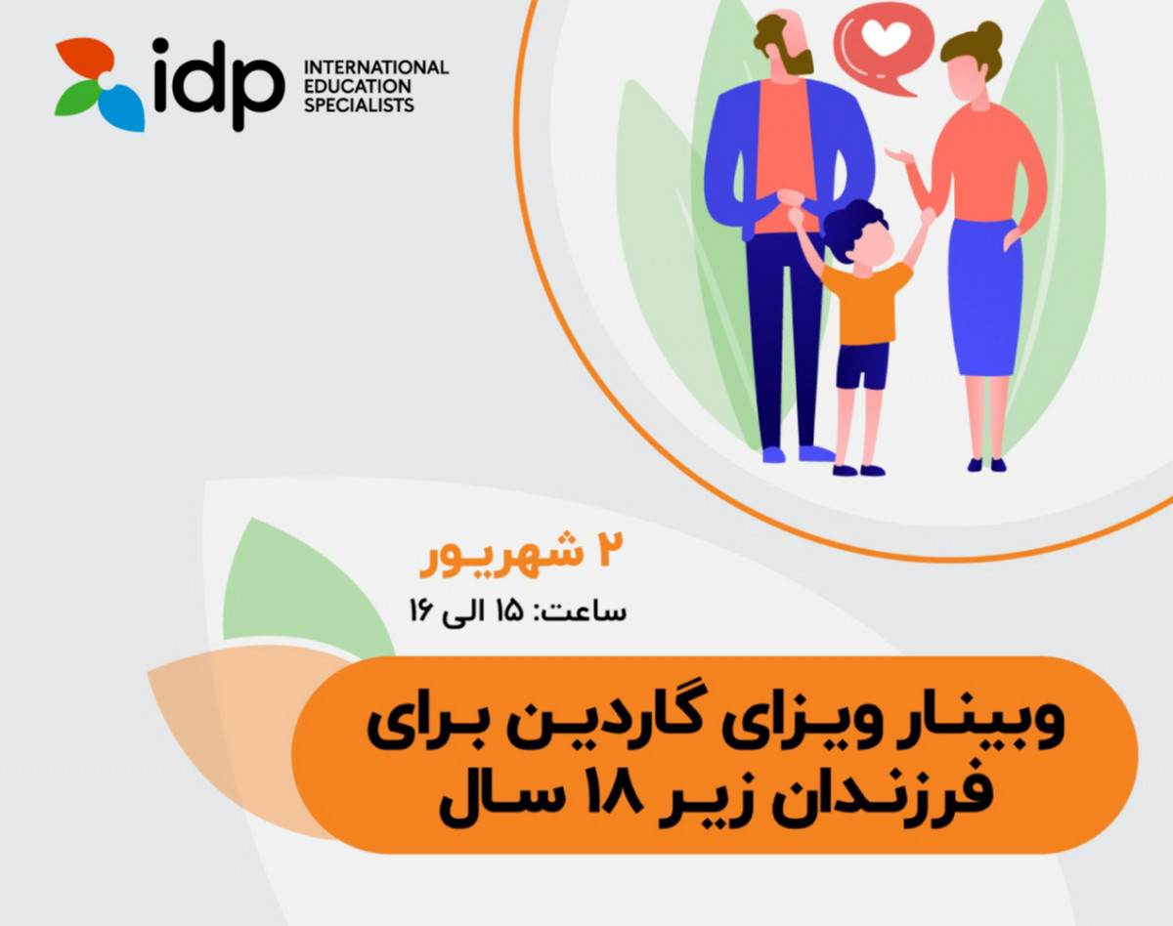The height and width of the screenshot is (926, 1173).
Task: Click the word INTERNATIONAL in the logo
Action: pyautogui.click(x=376, y=66)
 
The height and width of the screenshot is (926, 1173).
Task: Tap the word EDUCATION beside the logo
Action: pyautogui.click(x=347, y=86)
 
